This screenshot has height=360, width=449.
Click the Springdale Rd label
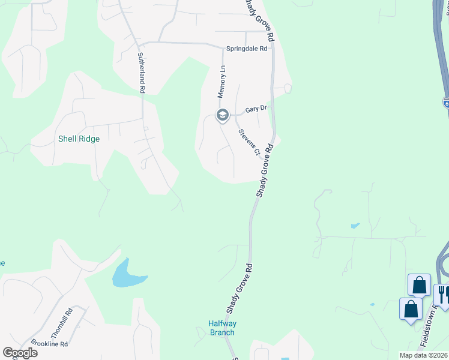(246, 49)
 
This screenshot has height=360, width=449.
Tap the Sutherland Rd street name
(142, 73)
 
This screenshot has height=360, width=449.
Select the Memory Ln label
(221, 82)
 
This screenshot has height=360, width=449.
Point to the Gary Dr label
(255, 109)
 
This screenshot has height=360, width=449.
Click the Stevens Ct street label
(249, 142)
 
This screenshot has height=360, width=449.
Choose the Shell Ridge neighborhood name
(79, 139)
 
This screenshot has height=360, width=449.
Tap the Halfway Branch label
(221, 328)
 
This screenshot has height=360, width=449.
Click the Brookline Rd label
(51, 344)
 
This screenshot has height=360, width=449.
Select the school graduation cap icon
(223, 115)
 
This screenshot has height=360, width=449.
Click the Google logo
(20, 353)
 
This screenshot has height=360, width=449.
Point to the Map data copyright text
(424, 355)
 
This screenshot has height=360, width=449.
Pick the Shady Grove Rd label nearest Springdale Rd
(260, 20)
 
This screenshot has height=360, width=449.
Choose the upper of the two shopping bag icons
(419, 284)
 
